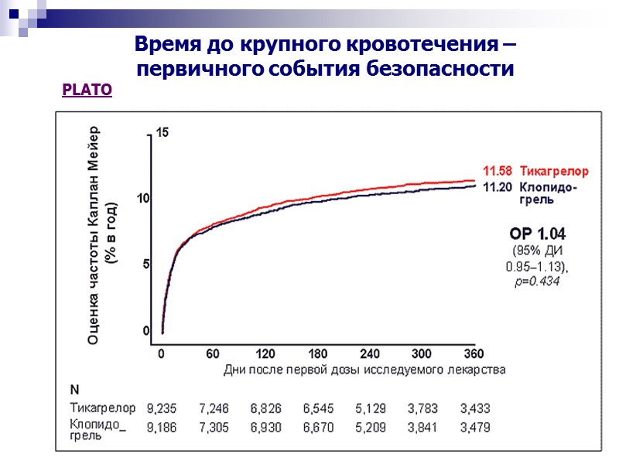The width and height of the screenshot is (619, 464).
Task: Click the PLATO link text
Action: [x=87, y=90]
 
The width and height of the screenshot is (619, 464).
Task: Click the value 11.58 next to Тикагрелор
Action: [x=498, y=170]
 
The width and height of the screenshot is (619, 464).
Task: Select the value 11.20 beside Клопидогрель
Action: [x=498, y=187]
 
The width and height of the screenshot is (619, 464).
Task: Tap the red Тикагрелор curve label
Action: [x=554, y=170]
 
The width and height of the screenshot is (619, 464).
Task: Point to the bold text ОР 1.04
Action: [x=537, y=233]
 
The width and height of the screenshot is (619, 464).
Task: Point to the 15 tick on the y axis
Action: [x=162, y=132]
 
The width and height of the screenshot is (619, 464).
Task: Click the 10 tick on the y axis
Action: [x=143, y=199]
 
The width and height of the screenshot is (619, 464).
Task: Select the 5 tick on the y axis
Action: [x=146, y=264]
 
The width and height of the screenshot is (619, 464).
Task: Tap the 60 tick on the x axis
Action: [x=213, y=354]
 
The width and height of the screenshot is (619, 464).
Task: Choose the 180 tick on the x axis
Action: [x=317, y=354]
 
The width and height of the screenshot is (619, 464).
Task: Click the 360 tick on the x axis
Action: [x=474, y=354]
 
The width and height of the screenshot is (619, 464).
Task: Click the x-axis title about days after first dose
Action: [x=364, y=370]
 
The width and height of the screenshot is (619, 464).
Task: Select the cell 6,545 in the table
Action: [x=319, y=408]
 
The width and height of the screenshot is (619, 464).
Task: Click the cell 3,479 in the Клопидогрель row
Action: [x=474, y=426]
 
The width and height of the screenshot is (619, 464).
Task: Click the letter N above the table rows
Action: [x=74, y=388]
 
